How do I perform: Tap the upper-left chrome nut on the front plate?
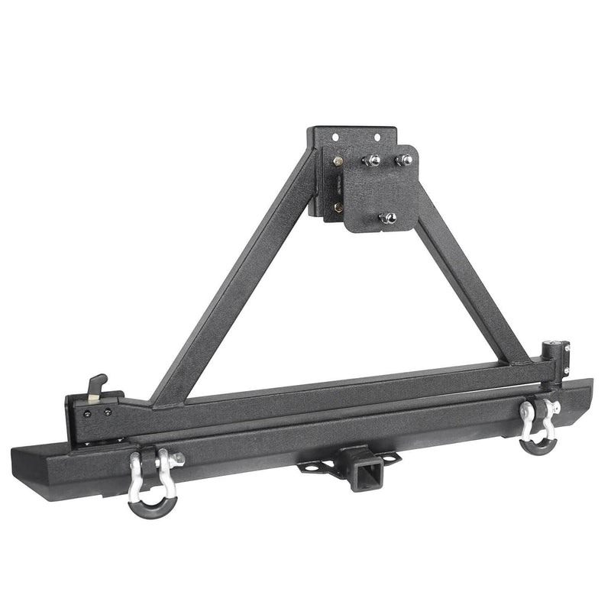(x=371, y=160)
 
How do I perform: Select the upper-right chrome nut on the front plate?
(x=403, y=160)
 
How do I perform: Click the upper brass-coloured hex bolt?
(x=338, y=162)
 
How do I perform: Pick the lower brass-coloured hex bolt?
(x=338, y=206)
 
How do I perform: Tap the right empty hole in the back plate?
(x=375, y=137)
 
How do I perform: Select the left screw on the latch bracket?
(x=95, y=412)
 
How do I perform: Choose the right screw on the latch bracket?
(x=107, y=412)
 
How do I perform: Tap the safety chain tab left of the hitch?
(x=310, y=465)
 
